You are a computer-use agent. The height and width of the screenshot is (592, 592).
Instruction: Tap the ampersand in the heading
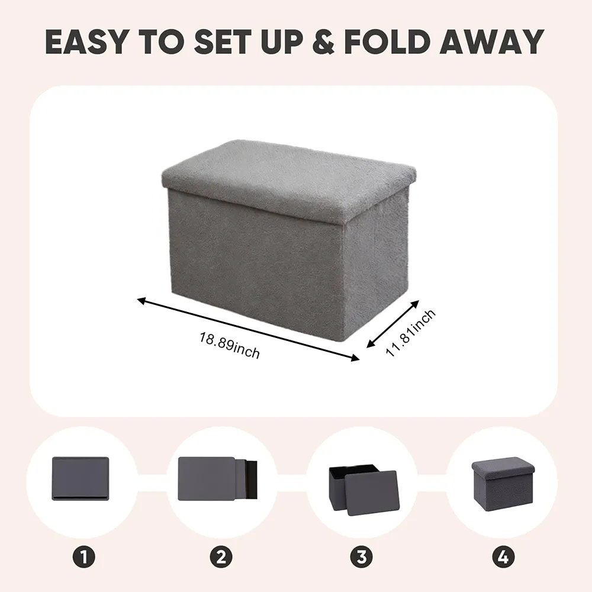(323, 41)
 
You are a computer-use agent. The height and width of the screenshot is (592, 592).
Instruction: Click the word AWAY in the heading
(491, 41)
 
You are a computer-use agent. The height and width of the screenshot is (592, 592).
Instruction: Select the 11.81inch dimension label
(410, 333)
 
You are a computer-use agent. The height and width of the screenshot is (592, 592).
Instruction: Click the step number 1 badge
(84, 557)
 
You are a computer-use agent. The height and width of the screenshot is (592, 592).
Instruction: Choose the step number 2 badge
(221, 557)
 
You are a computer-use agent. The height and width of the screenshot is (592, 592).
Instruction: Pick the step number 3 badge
(361, 557)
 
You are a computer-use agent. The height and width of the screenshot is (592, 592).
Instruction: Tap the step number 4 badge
(503, 557)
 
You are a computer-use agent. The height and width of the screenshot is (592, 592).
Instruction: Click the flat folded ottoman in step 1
(81, 479)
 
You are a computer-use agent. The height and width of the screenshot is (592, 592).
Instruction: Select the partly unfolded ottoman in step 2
(217, 479)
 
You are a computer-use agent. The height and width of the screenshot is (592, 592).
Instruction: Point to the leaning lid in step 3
(372, 493)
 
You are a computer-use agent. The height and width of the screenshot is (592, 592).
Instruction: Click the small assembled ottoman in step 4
(503, 481)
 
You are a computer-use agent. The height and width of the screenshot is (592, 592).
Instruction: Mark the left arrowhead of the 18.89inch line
(141, 301)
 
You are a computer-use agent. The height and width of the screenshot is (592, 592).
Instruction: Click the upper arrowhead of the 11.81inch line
(415, 304)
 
